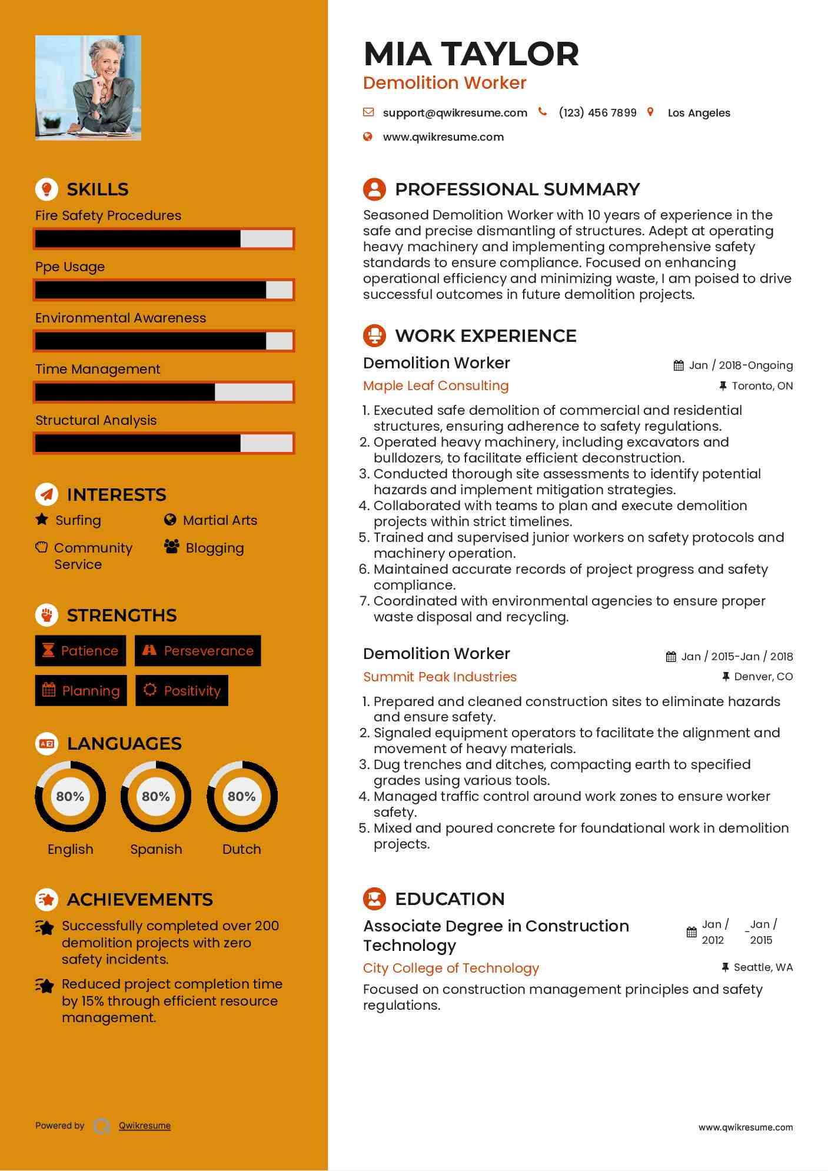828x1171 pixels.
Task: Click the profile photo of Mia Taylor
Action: click(88, 88)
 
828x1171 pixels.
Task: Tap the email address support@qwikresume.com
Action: click(454, 113)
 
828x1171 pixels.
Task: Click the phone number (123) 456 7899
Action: click(597, 113)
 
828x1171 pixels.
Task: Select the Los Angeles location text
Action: click(699, 113)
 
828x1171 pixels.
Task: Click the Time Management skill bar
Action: click(164, 392)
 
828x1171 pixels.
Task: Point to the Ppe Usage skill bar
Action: click(164, 290)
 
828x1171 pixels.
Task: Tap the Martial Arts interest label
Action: click(220, 520)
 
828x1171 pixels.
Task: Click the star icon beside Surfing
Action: click(42, 520)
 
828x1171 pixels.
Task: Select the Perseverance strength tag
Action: click(198, 651)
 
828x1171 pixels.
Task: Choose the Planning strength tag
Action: click(81, 690)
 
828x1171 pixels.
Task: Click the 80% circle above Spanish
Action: click(156, 796)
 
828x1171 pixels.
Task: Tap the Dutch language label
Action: click(241, 849)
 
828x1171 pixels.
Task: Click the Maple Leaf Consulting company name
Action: click(435, 386)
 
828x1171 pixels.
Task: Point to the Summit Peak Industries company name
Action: click(440, 677)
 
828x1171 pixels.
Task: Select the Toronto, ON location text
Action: click(762, 386)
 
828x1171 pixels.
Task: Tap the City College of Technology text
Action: click(451, 968)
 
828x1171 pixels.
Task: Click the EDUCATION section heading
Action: click(450, 899)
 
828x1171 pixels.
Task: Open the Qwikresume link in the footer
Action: click(145, 1126)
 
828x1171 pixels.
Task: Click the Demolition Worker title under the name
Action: click(444, 83)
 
